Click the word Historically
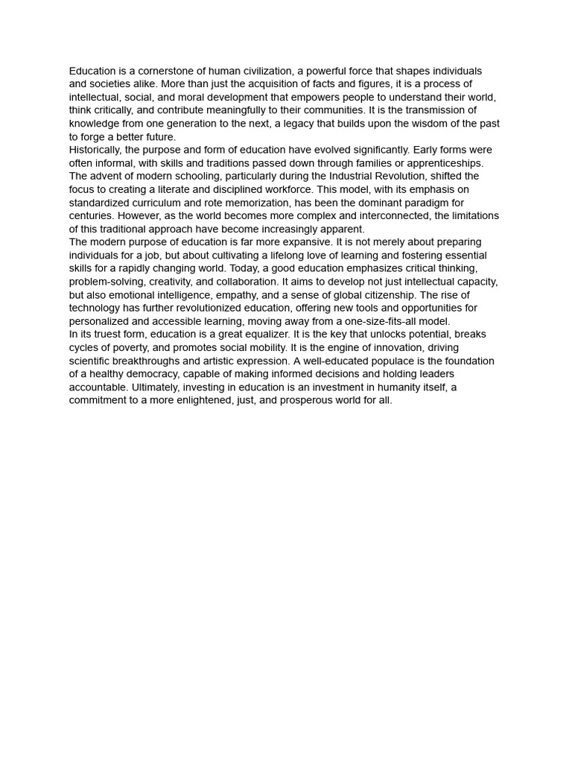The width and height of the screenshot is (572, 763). click(x=93, y=150)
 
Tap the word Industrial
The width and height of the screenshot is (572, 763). click(x=362, y=176)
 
